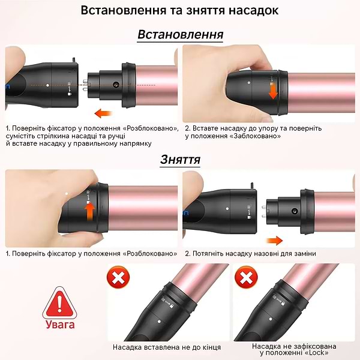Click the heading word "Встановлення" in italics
click(180, 34)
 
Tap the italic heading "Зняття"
click(180, 160)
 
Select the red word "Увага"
click(59, 325)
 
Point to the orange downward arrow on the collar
click(274, 91)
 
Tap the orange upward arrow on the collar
click(90, 212)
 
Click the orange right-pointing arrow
click(274, 241)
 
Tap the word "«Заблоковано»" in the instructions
click(252, 136)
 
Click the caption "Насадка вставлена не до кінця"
click(167, 347)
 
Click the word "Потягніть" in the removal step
click(211, 253)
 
